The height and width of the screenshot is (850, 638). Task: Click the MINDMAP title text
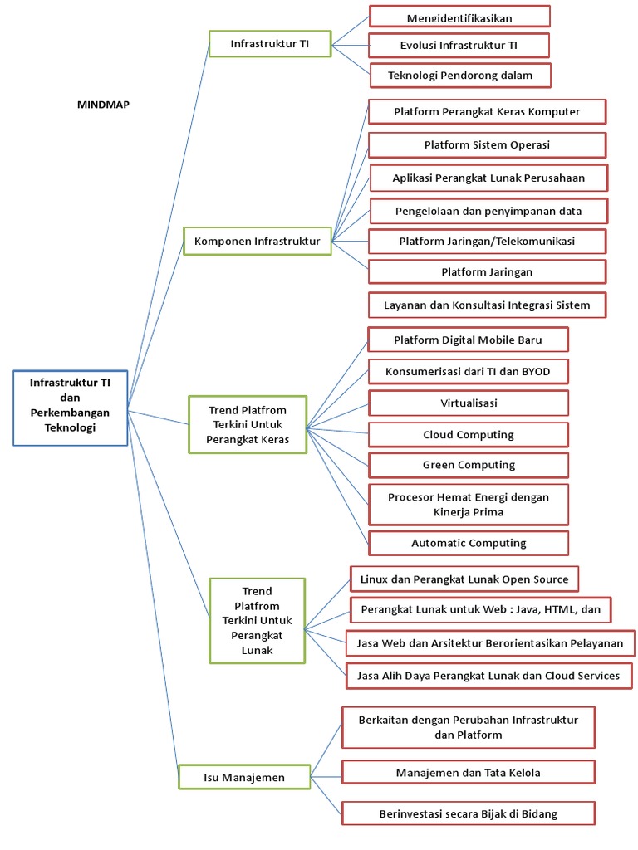click(103, 105)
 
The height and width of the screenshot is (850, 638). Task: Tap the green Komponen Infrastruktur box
click(257, 242)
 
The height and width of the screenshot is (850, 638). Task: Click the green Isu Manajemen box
click(244, 778)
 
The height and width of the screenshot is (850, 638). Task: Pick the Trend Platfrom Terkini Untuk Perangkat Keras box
click(247, 425)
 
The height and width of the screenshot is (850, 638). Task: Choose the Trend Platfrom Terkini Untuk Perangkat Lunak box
click(257, 621)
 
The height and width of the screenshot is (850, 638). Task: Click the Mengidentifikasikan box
click(459, 17)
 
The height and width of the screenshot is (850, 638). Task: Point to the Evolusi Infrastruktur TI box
click(459, 45)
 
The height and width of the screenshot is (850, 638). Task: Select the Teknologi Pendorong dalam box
click(459, 76)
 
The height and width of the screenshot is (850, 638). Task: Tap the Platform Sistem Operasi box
click(487, 144)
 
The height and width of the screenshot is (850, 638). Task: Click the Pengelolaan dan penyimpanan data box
click(488, 211)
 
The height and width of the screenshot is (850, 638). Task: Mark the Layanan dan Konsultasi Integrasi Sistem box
click(487, 305)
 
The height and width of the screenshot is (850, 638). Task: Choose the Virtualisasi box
click(469, 403)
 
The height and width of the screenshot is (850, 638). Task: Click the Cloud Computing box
click(469, 434)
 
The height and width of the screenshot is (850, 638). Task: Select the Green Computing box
click(469, 465)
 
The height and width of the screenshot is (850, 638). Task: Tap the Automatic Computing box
click(469, 543)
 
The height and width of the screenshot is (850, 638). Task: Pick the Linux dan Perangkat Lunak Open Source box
click(464, 579)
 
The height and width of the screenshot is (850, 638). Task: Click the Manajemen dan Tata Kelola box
click(469, 772)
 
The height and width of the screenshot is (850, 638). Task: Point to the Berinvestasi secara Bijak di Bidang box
click(469, 813)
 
